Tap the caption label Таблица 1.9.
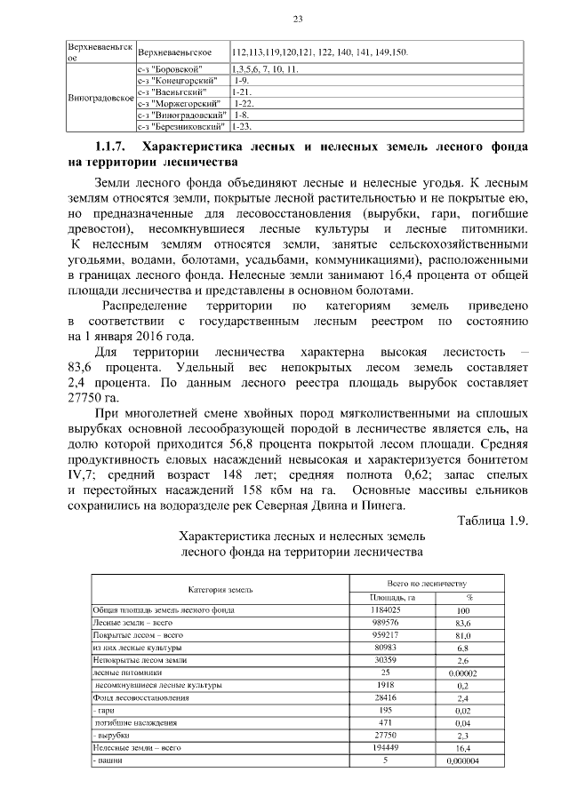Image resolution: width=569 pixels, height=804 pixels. [x=492, y=521]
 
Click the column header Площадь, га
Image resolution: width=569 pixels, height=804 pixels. [x=393, y=597]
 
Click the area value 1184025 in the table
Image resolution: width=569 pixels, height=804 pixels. [x=393, y=611]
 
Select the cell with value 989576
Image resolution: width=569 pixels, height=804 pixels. [x=393, y=624]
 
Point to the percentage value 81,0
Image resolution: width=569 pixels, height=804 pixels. [x=462, y=636]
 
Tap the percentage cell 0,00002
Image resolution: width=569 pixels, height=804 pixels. [x=462, y=674]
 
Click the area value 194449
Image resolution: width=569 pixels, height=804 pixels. [x=393, y=749]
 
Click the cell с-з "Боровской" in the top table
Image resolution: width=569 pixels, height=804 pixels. [x=171, y=68]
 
